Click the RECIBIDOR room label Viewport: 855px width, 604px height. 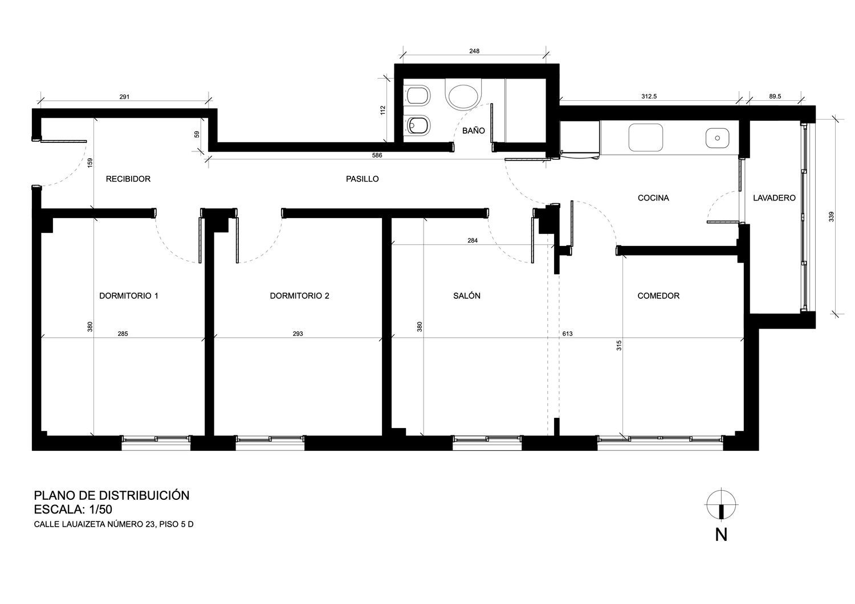tap(128, 179)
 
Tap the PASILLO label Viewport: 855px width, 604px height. tap(362, 179)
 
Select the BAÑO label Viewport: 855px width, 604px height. tap(473, 130)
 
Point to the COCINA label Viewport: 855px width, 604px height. tap(653, 198)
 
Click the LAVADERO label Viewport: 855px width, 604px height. tap(774, 198)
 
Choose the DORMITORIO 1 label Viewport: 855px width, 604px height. tap(129, 295)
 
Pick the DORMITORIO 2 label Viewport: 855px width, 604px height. tap(299, 295)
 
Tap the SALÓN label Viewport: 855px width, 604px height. tap(467, 295)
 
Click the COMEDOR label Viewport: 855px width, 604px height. tap(658, 295)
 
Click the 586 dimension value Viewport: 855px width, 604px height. tap(377, 155)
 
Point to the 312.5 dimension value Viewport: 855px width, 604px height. tap(649, 96)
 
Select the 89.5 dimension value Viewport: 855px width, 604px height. tap(775, 96)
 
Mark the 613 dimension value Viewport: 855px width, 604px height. tap(568, 334)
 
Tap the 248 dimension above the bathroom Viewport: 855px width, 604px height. tap(474, 51)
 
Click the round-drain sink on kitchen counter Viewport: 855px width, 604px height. tap(717, 138)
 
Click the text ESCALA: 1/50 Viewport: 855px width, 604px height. tap(73, 510)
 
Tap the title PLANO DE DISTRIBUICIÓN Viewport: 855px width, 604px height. tap(112, 495)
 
